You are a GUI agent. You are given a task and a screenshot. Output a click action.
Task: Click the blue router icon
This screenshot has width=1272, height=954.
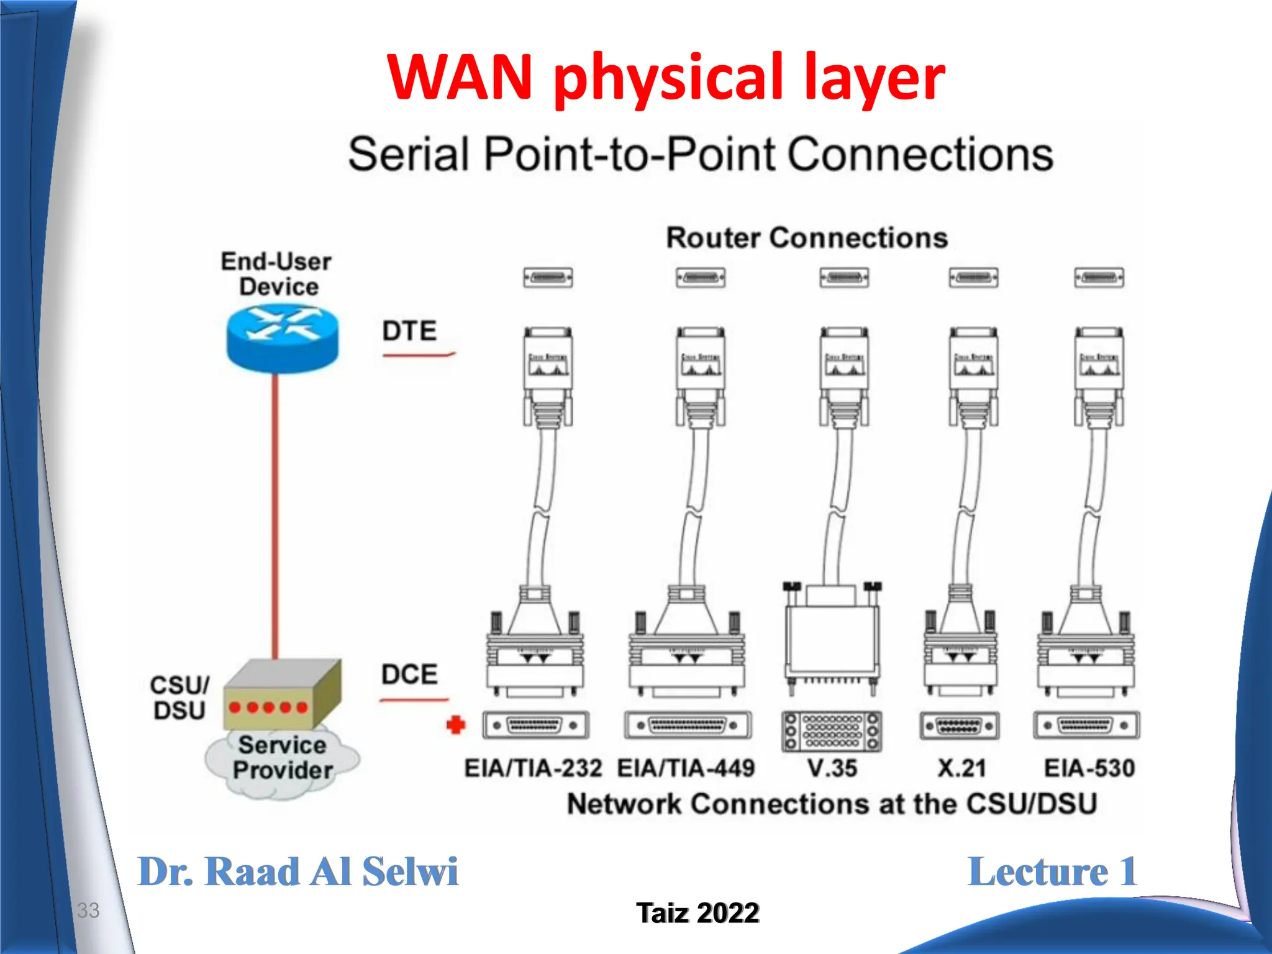point(283,340)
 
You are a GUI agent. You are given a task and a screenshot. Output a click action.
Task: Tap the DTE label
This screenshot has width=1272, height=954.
point(409,330)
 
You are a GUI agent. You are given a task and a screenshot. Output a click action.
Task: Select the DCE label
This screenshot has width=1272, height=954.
point(409,675)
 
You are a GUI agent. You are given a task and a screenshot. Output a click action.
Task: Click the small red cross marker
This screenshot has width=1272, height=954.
point(456,725)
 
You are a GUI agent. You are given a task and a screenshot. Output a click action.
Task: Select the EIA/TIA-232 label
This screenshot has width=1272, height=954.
point(533,768)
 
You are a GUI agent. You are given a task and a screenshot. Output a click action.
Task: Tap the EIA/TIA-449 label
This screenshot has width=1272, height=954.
point(686,768)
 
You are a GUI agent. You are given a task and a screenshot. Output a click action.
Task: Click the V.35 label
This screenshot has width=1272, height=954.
point(832,768)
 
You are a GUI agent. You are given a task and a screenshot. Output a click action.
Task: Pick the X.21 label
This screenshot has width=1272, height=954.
point(961,768)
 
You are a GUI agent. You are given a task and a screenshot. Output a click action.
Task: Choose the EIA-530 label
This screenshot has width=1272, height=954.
point(1089,768)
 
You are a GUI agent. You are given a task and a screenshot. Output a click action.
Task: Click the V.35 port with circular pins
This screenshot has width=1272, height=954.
point(832,730)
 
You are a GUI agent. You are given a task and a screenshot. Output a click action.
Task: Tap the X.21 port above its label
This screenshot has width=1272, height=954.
point(960,725)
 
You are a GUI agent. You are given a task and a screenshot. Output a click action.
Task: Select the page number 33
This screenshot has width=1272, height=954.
point(88,911)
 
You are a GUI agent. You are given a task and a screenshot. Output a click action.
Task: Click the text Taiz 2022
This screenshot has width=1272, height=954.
point(697,913)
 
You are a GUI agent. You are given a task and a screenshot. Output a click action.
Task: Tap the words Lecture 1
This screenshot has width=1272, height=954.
point(1052,872)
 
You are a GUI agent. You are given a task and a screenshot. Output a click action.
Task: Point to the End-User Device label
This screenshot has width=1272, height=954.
point(277,274)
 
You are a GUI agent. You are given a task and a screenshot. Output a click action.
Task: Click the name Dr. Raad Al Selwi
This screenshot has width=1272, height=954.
point(298,872)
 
